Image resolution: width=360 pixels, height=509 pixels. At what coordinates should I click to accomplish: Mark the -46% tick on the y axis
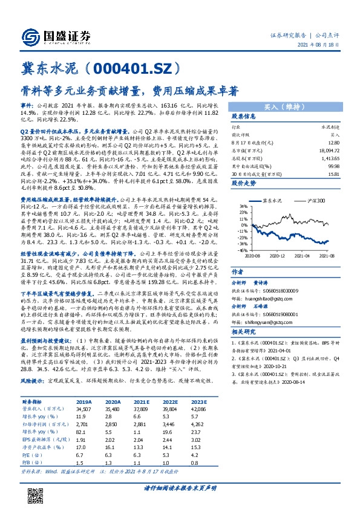(x=242, y=249)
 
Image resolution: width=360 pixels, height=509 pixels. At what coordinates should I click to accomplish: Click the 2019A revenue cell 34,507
(x=82, y=409)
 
